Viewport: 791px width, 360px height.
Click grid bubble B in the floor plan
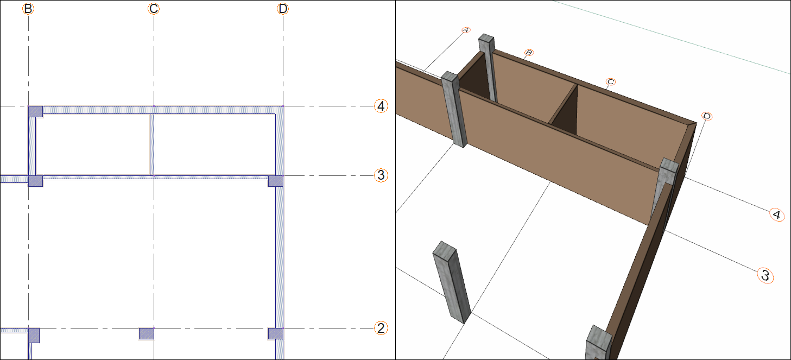pyautogui.click(x=28, y=9)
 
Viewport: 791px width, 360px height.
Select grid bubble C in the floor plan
pyautogui.click(x=154, y=9)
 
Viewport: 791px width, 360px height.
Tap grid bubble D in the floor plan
pyautogui.click(x=283, y=9)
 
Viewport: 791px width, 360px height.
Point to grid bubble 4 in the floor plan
pyautogui.click(x=381, y=106)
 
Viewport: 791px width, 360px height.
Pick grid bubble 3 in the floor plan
pyautogui.click(x=381, y=175)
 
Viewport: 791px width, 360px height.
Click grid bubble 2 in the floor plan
pyautogui.click(x=381, y=328)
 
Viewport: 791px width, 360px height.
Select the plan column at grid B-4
pyautogui.click(x=36, y=111)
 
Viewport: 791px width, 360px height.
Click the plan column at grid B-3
pyautogui.click(x=36, y=181)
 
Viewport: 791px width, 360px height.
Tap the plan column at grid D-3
pyautogui.click(x=276, y=181)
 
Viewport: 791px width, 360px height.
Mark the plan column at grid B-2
pyautogui.click(x=34, y=335)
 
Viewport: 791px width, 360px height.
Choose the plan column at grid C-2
pyautogui.click(x=147, y=333)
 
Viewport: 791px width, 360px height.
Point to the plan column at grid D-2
pyautogui.click(x=276, y=333)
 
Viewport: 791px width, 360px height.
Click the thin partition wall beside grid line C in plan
pyautogui.click(x=152, y=144)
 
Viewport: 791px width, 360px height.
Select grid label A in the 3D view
pyautogui.click(x=466, y=30)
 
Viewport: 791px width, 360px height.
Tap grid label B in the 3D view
pyautogui.click(x=529, y=53)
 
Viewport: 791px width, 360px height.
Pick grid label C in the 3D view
pyautogui.click(x=611, y=82)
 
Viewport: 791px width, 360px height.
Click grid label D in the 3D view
pyautogui.click(x=707, y=116)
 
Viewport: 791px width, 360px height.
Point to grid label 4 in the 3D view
pyautogui.click(x=776, y=214)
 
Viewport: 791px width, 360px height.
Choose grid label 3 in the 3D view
pyautogui.click(x=765, y=275)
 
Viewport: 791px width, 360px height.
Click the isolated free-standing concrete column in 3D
pyautogui.click(x=451, y=282)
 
